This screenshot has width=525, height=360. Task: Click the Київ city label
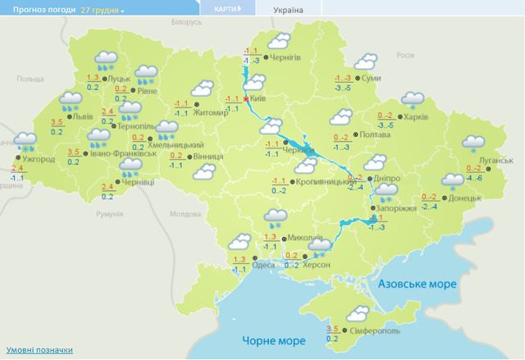(x=258, y=98)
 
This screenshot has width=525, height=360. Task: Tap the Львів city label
(x=83, y=117)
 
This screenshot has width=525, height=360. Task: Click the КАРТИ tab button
(x=227, y=10)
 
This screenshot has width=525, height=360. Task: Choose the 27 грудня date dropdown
(x=103, y=11)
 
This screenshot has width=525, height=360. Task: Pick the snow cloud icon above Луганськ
(x=473, y=144)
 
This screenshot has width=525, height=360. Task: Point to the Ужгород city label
(x=39, y=159)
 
